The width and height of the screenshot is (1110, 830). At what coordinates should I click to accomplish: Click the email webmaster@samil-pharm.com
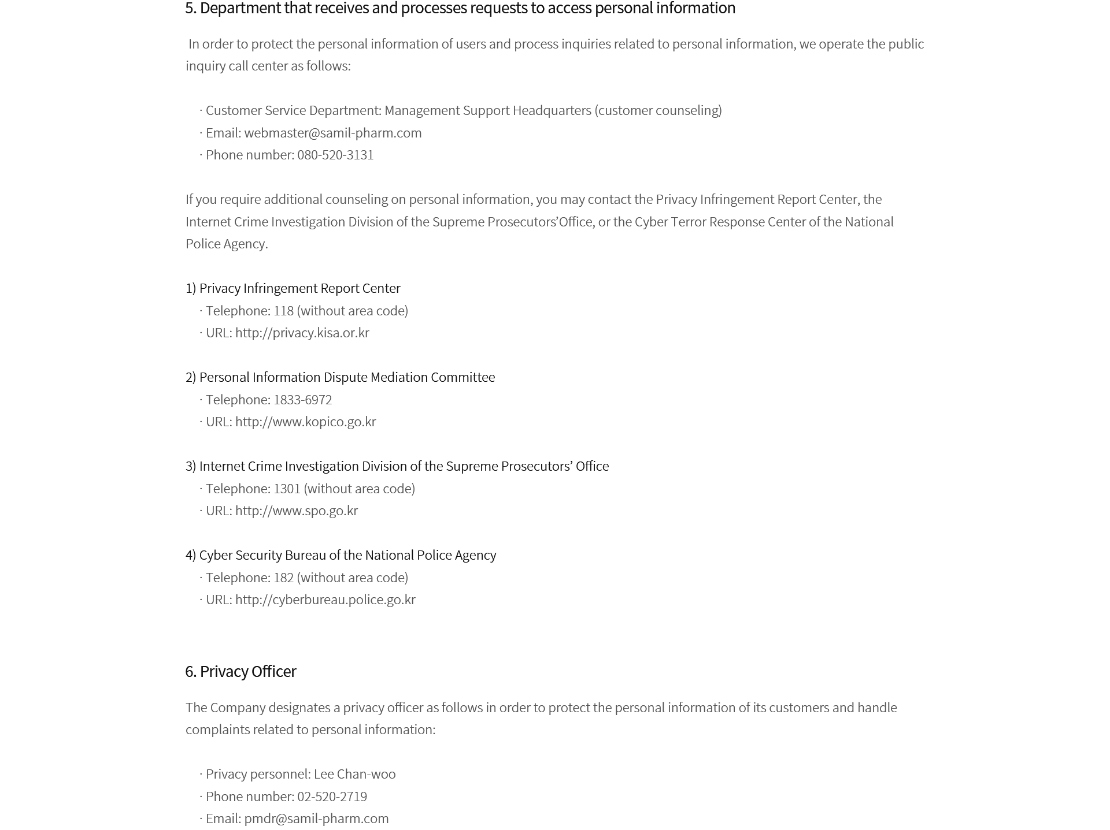pyautogui.click(x=332, y=133)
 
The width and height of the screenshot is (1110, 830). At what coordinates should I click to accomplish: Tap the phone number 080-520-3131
pyautogui.click(x=335, y=155)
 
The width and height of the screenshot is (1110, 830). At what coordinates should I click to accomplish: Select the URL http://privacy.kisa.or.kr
pyautogui.click(x=302, y=333)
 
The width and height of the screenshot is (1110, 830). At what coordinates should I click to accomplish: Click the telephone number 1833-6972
pyautogui.click(x=302, y=400)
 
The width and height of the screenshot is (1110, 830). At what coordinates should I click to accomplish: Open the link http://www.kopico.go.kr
pyautogui.click(x=305, y=422)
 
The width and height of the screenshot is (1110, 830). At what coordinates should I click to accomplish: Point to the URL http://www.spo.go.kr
pyautogui.click(x=296, y=511)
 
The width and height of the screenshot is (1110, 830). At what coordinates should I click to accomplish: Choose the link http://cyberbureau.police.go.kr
pyautogui.click(x=325, y=600)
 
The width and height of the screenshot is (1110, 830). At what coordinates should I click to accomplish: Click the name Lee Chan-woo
pyautogui.click(x=354, y=774)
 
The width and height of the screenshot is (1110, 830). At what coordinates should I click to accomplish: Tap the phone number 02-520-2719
pyautogui.click(x=332, y=796)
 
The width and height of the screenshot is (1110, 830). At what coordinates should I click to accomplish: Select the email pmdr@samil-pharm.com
pyautogui.click(x=316, y=818)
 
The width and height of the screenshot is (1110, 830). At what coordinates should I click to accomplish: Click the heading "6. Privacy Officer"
pyautogui.click(x=240, y=671)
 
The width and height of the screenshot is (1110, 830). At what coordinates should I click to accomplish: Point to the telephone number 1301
pyautogui.click(x=287, y=489)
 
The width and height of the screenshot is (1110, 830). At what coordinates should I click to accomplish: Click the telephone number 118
pyautogui.click(x=283, y=311)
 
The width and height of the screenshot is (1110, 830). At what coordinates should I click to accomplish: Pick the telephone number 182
pyautogui.click(x=283, y=578)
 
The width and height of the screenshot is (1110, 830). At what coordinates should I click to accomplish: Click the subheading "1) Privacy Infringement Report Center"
pyautogui.click(x=293, y=288)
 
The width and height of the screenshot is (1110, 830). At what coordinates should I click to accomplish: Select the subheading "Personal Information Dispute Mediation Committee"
pyautogui.click(x=347, y=377)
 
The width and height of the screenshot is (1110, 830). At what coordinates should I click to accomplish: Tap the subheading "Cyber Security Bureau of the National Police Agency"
pyautogui.click(x=347, y=555)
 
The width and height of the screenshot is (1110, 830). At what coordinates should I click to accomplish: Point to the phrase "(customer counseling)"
pyautogui.click(x=658, y=110)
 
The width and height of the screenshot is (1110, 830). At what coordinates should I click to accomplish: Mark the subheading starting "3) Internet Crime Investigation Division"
pyautogui.click(x=397, y=466)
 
